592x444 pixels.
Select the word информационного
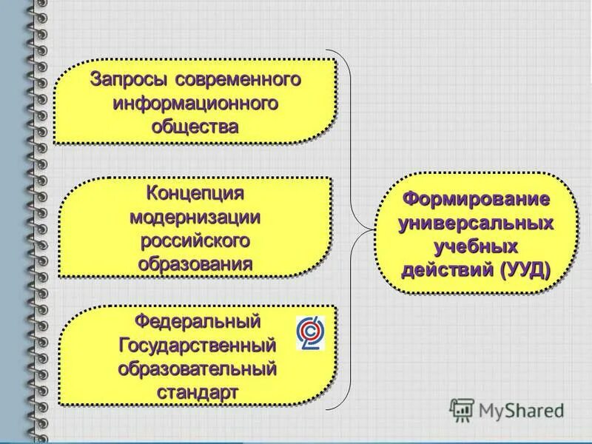pyautogui.click(x=195, y=102)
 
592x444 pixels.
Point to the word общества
pyautogui.click(x=195, y=126)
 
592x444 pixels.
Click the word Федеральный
pyautogui.click(x=198, y=323)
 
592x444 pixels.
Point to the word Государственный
pyautogui.click(x=198, y=346)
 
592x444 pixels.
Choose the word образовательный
pyautogui.click(x=198, y=369)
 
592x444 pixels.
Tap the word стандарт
pyautogui.click(x=198, y=391)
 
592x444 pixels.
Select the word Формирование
pyautogui.click(x=476, y=200)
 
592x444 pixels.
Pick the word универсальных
pyautogui.click(x=476, y=223)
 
